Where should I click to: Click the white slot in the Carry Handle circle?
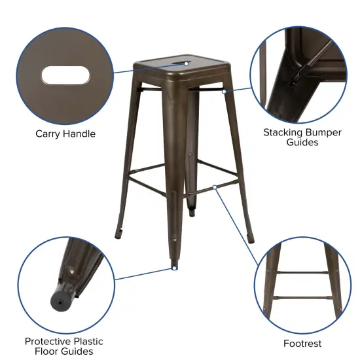65,75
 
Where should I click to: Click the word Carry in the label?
49,134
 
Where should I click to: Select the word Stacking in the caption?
284,132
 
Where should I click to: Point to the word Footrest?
302,343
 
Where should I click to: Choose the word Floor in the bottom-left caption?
41,351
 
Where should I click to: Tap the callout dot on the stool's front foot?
174,267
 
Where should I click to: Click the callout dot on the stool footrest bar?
215,187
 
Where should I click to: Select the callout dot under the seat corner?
223,92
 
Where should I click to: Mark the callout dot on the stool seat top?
187,63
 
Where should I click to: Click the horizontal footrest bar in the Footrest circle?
302,271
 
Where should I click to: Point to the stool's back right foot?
249,233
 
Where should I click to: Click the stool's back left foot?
120,230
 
